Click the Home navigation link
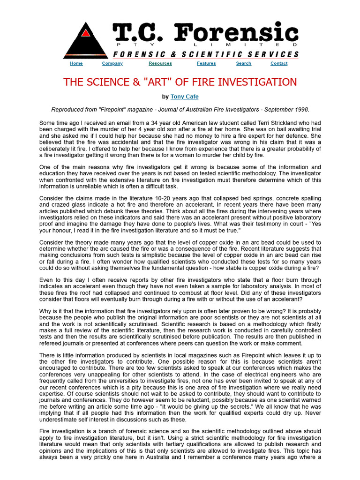[76, 63]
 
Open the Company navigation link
[112, 63]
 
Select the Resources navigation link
[160, 63]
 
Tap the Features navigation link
[206, 63]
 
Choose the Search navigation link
[244, 63]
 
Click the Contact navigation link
[279, 63]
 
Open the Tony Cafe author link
[185, 97]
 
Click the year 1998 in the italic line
[301, 109]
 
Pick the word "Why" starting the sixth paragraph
[45, 311]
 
